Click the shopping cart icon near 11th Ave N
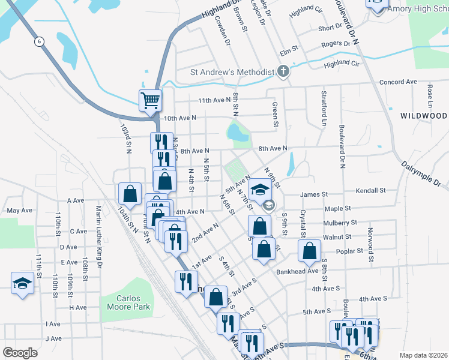click(x=150, y=100)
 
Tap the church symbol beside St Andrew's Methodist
click(x=284, y=72)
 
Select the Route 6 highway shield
click(x=39, y=41)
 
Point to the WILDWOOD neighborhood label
click(x=424, y=115)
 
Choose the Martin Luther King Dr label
click(x=99, y=236)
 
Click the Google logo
click(x=20, y=352)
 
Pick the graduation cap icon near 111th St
click(x=22, y=283)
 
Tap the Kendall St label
click(x=370, y=190)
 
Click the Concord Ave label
click(x=398, y=82)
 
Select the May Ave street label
click(x=19, y=211)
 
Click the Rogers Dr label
click(x=336, y=44)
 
